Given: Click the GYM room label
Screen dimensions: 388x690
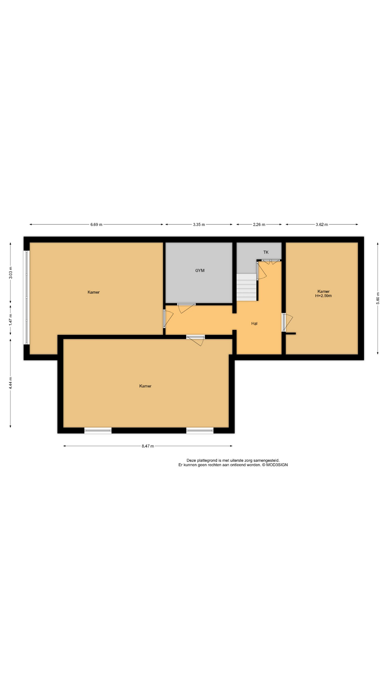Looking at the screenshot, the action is coord(200,271).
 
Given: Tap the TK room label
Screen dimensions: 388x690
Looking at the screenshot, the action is coord(266,252).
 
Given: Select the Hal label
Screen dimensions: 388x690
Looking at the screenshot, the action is coord(254,323).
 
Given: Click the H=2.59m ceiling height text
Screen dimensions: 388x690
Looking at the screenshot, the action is coord(323,296).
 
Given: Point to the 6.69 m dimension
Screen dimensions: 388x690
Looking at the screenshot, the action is coord(96,225).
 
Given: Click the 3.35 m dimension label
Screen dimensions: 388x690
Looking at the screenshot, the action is coord(199,225).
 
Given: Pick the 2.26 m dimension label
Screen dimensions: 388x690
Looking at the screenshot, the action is coord(259,225).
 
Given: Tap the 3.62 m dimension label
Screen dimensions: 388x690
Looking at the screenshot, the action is coord(322,225).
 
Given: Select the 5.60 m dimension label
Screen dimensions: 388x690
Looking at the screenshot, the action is coord(378,298).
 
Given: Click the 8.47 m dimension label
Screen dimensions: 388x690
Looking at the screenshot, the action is coord(148,446).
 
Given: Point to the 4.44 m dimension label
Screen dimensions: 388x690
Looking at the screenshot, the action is coord(10,383).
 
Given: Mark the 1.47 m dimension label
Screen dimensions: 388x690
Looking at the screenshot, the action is coord(10,320).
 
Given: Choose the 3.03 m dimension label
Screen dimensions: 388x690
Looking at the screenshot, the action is coord(10,272).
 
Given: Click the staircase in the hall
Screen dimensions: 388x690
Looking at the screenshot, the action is coord(247,287).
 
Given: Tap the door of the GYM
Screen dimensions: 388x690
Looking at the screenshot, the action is coord(186,308).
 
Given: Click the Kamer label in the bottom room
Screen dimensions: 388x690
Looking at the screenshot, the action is coord(145,386).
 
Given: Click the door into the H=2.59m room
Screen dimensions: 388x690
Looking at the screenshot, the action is coord(287,322).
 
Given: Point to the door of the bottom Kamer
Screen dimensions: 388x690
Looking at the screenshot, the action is coord(196,340).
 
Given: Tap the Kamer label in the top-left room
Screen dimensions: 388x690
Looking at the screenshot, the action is coord(93,292).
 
